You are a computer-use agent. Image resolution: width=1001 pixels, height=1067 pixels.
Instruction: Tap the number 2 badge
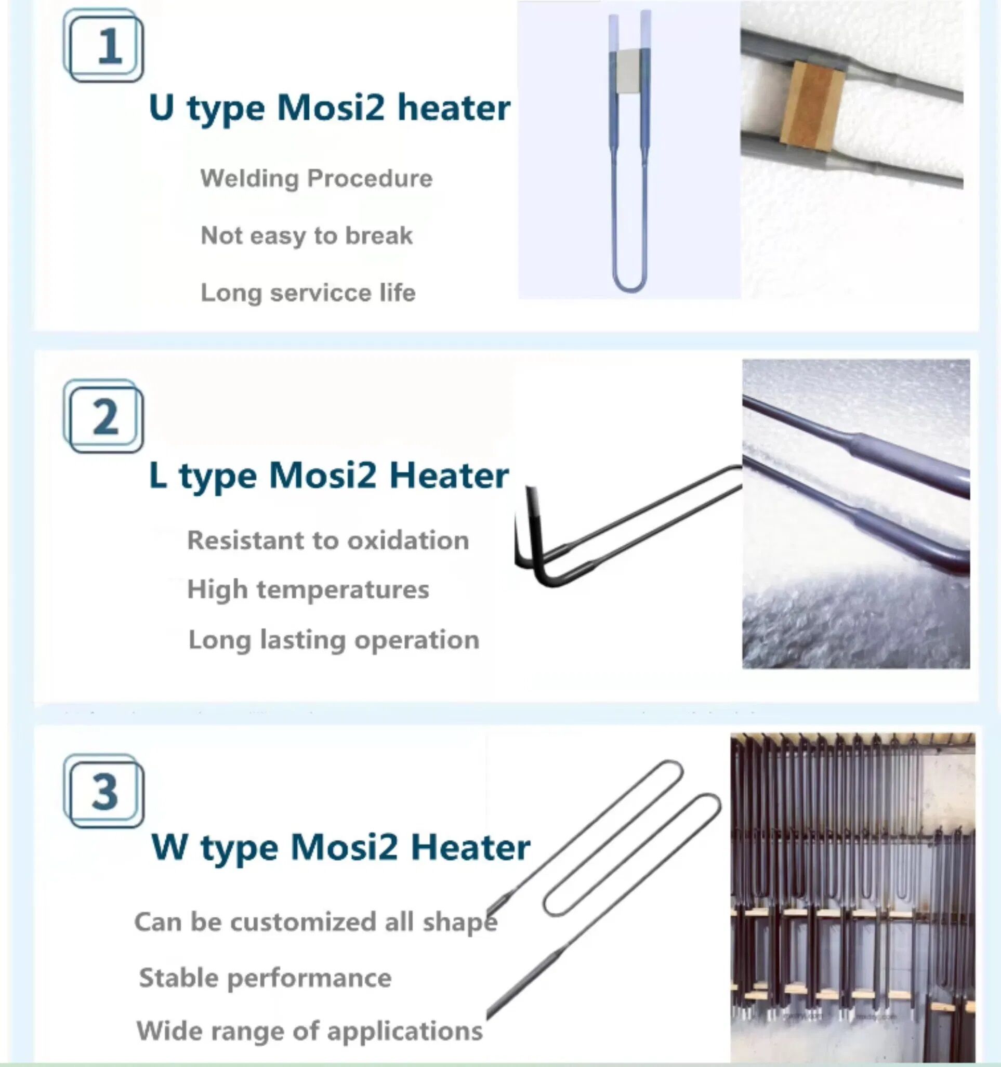pyautogui.click(x=103, y=416)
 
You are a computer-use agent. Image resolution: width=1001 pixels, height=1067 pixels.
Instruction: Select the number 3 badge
pyautogui.click(x=103, y=791)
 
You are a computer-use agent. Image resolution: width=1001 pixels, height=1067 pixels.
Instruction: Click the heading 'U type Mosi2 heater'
pyautogui.click(x=329, y=108)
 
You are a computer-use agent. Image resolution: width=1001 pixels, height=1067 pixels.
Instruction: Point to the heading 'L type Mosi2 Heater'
pyautogui.click(x=328, y=476)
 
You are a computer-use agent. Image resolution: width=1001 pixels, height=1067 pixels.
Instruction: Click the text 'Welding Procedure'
pyautogui.click(x=316, y=178)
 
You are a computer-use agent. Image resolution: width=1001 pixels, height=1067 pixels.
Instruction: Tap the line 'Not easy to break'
pyautogui.click(x=306, y=235)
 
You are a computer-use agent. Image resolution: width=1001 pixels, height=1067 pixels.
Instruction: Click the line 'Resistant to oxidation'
pyautogui.click(x=327, y=541)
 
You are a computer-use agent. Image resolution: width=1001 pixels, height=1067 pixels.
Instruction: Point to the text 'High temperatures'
pyautogui.click(x=308, y=590)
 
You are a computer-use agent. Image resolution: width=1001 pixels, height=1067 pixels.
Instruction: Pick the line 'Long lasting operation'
pyautogui.click(x=333, y=640)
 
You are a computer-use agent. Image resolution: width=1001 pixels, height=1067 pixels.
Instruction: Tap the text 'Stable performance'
pyautogui.click(x=265, y=978)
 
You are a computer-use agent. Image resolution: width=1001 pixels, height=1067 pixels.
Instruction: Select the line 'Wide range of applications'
pyautogui.click(x=309, y=1031)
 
